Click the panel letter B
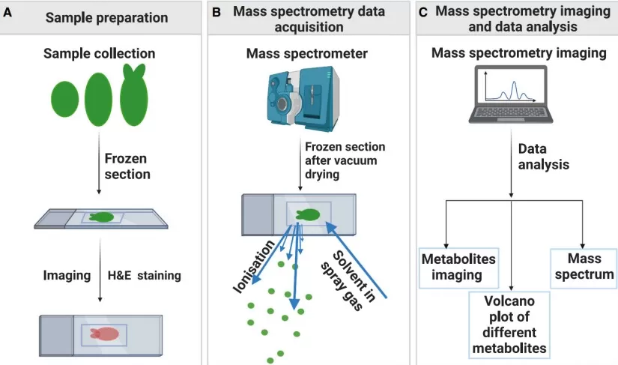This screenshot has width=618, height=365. (x=216, y=13)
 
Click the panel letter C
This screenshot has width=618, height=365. (x=423, y=13)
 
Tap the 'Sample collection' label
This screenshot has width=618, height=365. (x=100, y=54)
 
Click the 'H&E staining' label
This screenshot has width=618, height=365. (x=144, y=276)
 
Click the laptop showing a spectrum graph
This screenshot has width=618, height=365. (x=510, y=94)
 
